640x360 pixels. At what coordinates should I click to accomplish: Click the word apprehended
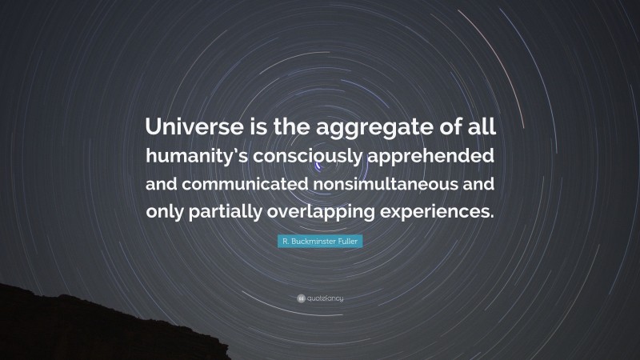click(x=432, y=154)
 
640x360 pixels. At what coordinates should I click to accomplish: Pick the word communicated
click(x=252, y=183)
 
